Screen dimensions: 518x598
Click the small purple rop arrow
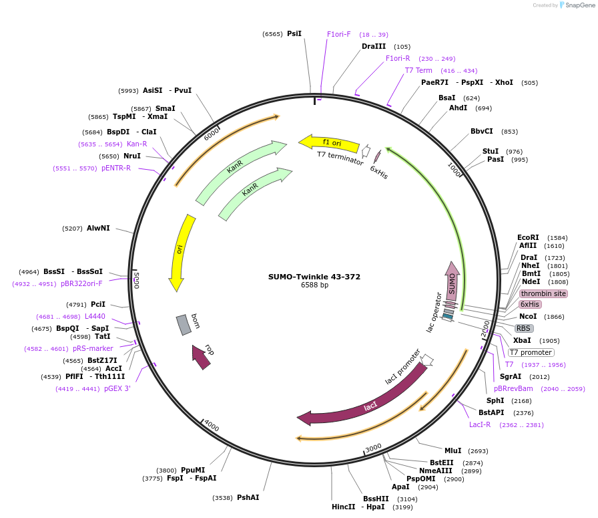201,357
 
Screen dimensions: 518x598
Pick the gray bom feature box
184,325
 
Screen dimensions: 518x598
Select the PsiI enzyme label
294,33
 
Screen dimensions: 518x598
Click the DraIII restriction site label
374,47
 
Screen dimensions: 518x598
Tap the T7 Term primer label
418,70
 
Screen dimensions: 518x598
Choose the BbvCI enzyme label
482,132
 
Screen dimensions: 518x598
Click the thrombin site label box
543,293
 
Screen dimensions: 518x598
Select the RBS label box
524,328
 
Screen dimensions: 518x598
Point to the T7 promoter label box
531,352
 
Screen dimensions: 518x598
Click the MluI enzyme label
453,450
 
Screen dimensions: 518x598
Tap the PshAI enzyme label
248,497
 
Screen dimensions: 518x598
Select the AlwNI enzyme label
98,228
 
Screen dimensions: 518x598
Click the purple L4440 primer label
95,316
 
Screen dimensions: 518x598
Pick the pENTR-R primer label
116,168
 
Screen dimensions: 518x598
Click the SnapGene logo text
577,5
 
